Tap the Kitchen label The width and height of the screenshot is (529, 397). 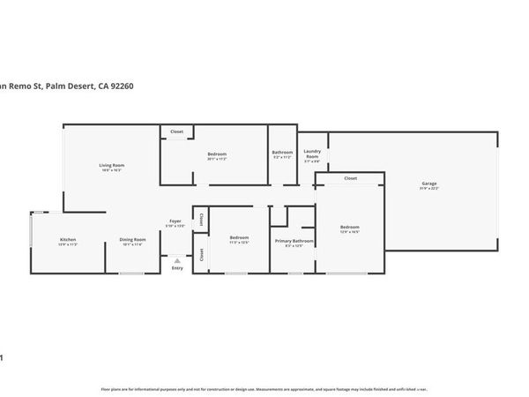tap(69, 240)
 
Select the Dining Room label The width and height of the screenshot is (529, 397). tap(133, 240)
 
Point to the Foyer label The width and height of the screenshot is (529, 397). tap(176, 221)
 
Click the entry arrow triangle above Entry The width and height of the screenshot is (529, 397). tap(177, 261)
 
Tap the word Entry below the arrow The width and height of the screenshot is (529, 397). tap(177, 268)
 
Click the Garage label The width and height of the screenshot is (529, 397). tap(429, 183)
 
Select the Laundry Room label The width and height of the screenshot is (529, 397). tap(313, 154)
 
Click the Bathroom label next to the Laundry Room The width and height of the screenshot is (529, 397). tap(282, 153)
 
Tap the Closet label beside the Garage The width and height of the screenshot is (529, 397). tap(350, 178)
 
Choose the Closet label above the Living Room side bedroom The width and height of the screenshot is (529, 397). tap(176, 131)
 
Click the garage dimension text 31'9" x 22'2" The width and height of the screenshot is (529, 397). tap(429, 189)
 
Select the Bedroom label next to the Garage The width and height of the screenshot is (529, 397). tap(350, 227)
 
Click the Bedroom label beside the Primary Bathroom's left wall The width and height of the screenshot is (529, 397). tap(239, 236)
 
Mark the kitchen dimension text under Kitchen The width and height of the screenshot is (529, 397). tap(69, 245)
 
